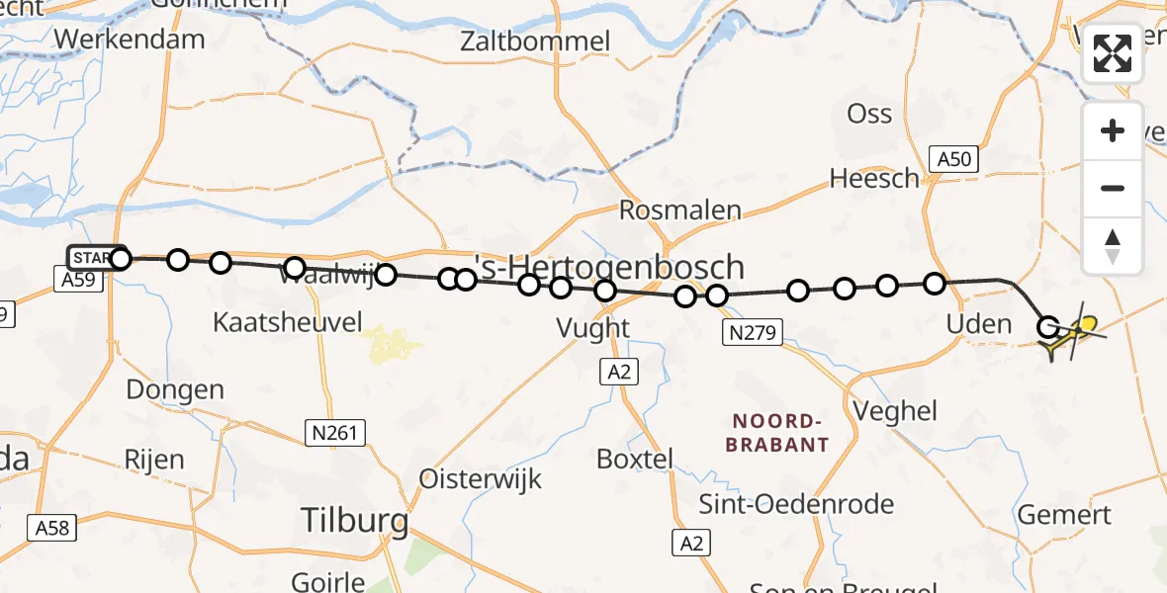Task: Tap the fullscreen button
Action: click(x=1113, y=53)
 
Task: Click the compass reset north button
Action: click(x=1113, y=246)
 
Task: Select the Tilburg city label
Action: click(x=354, y=520)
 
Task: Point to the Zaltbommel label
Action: click(x=535, y=42)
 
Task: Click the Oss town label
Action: click(x=869, y=114)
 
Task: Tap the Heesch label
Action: click(x=874, y=178)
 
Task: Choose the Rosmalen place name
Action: click(x=679, y=210)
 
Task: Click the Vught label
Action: click(x=592, y=328)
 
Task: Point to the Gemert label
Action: click(x=1064, y=515)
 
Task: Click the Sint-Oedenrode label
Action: click(x=796, y=504)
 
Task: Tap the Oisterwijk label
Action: click(x=481, y=479)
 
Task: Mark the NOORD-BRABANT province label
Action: click(x=776, y=433)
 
